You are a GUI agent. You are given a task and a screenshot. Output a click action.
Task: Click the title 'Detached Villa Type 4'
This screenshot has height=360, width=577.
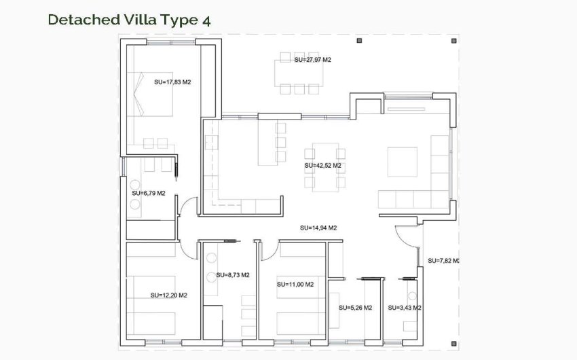(128, 19)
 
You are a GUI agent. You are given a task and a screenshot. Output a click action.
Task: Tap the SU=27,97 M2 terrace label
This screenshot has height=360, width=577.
(312, 60)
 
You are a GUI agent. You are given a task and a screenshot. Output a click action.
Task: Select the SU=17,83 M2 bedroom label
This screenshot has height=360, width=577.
(172, 82)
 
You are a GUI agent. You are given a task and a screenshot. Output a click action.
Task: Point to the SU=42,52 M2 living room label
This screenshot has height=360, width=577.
(322, 165)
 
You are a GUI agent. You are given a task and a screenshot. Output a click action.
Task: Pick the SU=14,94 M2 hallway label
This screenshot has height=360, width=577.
(318, 228)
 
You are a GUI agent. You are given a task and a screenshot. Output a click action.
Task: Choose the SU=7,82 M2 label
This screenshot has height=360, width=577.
(444, 261)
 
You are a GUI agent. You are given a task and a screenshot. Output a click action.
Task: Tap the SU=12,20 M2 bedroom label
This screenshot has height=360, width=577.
(168, 295)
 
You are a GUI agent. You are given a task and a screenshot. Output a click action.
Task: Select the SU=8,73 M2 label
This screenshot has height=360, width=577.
(232, 275)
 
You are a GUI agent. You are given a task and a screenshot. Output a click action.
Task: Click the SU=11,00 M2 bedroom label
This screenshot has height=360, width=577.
(295, 284)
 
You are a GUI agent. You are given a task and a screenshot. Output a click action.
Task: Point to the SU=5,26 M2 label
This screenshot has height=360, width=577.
(355, 308)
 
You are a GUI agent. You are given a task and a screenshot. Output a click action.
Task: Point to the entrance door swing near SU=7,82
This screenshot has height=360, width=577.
(406, 236)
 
